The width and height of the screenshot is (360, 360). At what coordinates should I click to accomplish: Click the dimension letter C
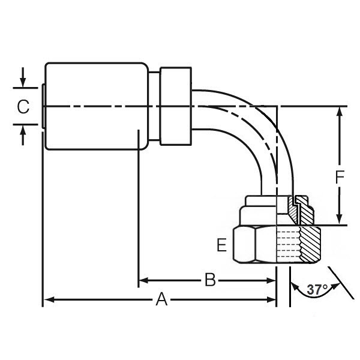pos(23,107)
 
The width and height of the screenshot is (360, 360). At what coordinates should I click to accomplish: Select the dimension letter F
pos(340,178)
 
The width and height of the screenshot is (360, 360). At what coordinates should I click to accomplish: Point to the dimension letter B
pos(210,280)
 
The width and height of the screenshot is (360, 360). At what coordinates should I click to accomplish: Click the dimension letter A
pos(161,299)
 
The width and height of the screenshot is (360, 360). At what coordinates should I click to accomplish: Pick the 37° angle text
pos(317,289)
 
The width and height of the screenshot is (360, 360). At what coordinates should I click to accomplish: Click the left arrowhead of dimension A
pos(48,299)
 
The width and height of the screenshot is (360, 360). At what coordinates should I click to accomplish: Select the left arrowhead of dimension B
pos(145,280)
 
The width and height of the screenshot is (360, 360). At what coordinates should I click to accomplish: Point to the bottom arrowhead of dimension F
pos(340,220)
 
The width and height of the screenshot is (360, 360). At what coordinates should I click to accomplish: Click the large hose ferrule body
pos(96,106)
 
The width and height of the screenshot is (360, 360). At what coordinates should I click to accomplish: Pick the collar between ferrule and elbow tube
pos(175,106)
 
